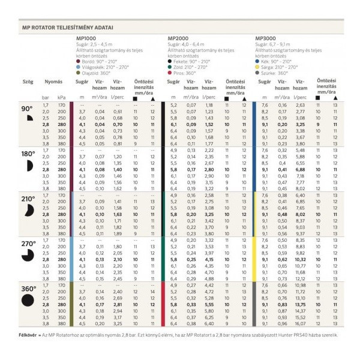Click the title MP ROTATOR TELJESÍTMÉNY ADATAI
click(68, 28)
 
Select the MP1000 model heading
click(90, 38)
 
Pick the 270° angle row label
click(28, 244)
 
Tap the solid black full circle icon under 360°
click(28, 299)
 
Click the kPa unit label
click(62, 97)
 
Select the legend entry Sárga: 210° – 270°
click(281, 67)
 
